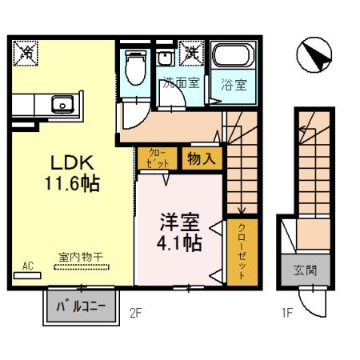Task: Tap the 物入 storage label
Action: tap(200, 158)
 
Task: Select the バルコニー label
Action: tap(80, 306)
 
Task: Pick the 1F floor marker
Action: tap(285, 313)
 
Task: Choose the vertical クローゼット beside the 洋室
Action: tap(242, 250)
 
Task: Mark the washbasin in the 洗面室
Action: tap(165, 58)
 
